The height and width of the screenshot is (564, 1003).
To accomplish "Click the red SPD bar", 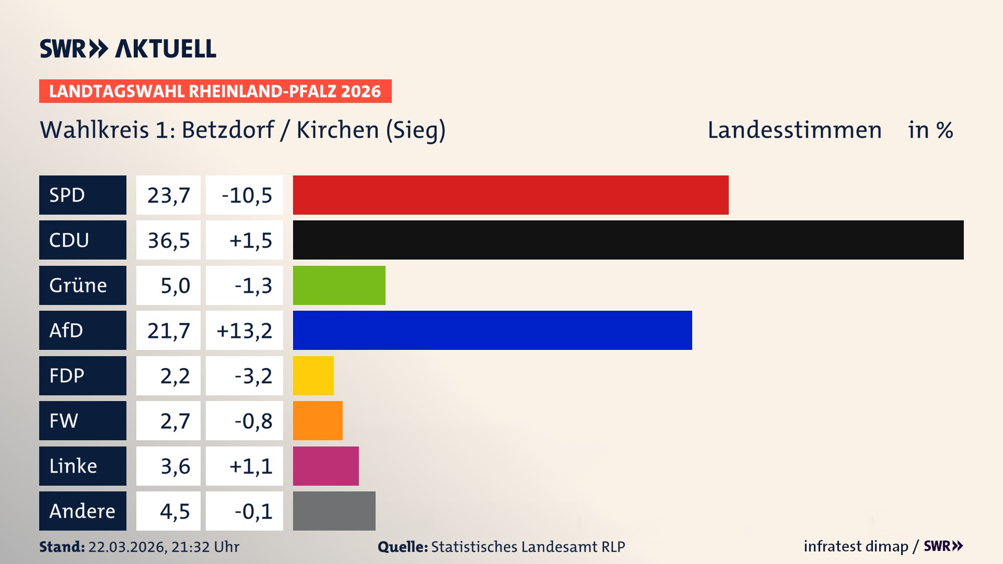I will tap(510, 195).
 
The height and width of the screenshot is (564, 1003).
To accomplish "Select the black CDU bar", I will tap(628, 240).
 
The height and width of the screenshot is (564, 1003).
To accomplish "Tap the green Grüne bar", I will tap(339, 285).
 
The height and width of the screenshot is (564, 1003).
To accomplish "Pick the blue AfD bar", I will tap(492, 330).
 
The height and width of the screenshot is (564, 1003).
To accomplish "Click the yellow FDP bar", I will tap(313, 375).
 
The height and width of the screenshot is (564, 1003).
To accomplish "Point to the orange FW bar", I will tap(318, 420).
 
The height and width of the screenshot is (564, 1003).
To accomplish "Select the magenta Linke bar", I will tap(325, 466).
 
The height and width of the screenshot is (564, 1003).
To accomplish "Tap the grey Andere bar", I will tap(334, 511).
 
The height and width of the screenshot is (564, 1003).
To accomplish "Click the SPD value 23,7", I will tap(168, 195).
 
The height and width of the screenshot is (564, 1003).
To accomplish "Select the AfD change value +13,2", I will tap(244, 331).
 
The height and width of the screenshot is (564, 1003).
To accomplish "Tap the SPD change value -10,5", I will tap(247, 195).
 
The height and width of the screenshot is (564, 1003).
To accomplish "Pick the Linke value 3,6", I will tap(175, 466).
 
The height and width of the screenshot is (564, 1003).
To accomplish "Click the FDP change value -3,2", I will tap(253, 376).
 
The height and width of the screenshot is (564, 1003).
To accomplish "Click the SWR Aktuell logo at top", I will tap(127, 49).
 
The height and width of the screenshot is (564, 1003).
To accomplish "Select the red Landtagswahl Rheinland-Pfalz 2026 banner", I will tap(215, 91).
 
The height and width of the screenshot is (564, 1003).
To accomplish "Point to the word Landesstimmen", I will tap(794, 130).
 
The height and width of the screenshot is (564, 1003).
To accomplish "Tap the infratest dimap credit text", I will tap(855, 546).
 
